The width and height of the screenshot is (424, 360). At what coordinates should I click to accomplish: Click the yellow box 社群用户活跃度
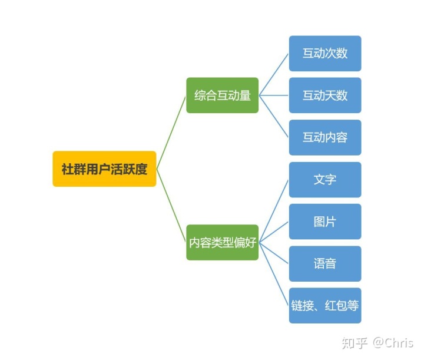104,169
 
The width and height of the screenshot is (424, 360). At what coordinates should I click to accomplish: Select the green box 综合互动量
223,95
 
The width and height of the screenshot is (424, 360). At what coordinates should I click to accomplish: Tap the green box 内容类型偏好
223,242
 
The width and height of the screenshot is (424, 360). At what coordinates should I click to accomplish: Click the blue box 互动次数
325,53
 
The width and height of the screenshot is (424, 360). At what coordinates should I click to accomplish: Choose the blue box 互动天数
325,95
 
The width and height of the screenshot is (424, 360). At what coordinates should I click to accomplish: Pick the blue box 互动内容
325,137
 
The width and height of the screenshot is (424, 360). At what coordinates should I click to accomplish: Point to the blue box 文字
325,179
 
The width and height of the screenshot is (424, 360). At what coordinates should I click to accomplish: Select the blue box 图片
325,222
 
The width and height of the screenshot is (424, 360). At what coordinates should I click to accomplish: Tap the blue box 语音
325,263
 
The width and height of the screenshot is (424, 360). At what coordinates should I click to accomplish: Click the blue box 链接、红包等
325,305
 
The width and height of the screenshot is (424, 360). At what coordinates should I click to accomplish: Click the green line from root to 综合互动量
171,131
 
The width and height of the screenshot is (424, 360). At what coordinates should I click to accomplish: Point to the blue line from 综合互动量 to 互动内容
274,116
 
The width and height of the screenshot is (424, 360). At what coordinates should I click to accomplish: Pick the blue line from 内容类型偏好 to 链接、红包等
274,274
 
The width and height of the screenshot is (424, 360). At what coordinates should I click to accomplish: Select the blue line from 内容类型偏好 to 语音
274,253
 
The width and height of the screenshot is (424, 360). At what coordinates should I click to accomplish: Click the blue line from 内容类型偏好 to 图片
274,232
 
